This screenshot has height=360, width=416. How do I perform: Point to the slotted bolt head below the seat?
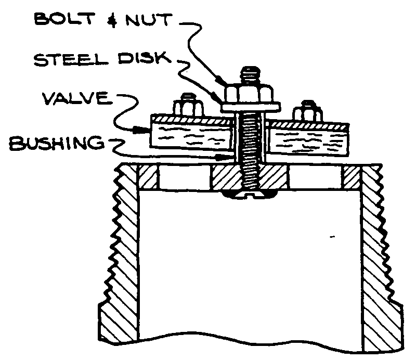pos(248,195)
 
